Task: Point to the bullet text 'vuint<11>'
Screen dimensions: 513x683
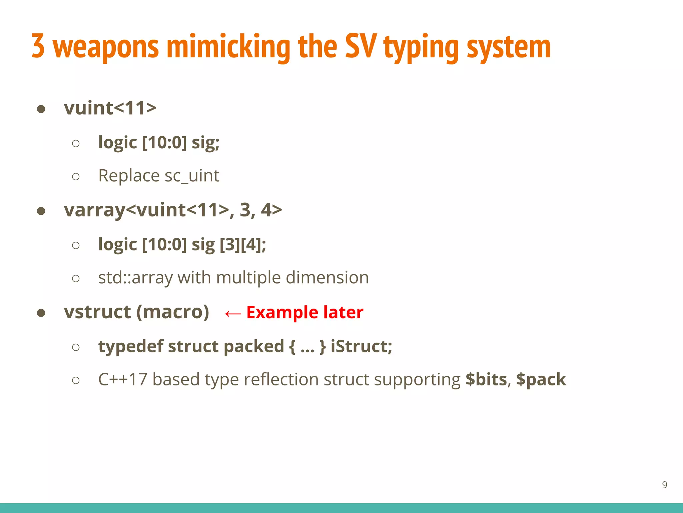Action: (110, 108)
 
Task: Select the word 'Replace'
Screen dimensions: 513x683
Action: (129, 176)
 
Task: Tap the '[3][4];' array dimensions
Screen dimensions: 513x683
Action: (243, 245)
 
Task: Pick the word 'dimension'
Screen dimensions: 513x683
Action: (327, 278)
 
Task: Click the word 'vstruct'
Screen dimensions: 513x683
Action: (97, 312)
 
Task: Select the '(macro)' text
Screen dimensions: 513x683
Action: (173, 312)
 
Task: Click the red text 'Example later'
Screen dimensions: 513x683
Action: (305, 313)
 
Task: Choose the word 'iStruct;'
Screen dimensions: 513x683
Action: (361, 346)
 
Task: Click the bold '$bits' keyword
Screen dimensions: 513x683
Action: (486, 379)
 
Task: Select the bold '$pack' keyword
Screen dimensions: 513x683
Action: (541, 380)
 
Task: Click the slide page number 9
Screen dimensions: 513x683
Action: (664, 485)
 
